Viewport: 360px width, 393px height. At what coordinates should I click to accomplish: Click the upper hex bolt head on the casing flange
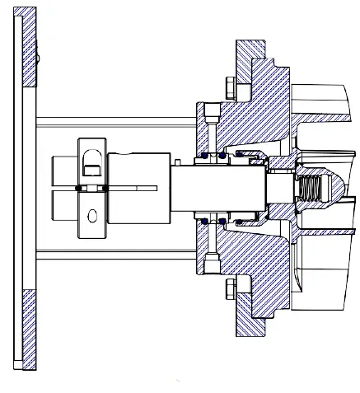(x=228, y=86)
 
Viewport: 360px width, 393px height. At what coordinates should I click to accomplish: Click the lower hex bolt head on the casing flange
(x=228, y=287)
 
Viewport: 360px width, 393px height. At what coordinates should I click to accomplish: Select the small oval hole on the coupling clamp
(x=92, y=216)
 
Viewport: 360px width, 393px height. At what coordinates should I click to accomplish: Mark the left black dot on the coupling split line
(x=78, y=189)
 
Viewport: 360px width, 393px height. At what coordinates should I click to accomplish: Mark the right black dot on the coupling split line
(x=105, y=189)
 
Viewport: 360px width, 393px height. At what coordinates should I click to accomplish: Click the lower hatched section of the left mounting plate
(x=30, y=330)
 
